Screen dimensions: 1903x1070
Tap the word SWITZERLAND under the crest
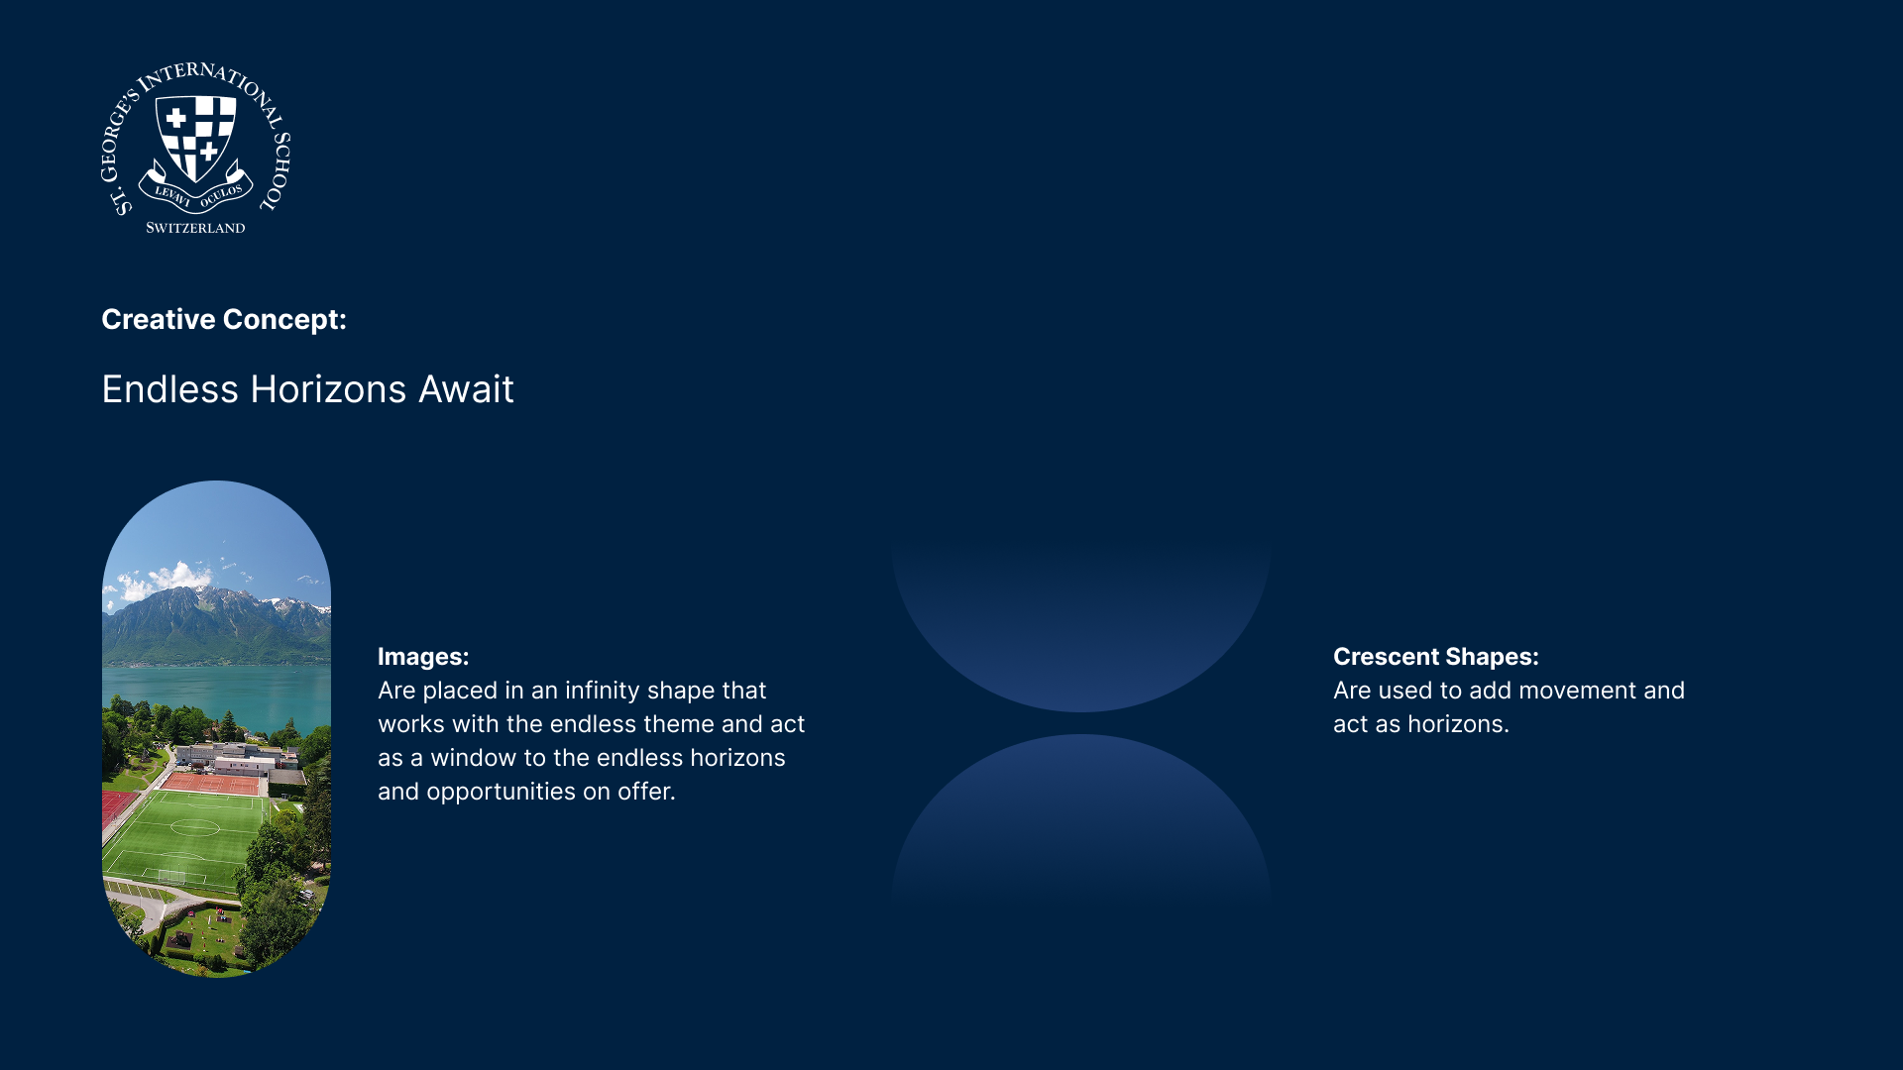point(195,228)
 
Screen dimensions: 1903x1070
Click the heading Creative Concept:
point(224,319)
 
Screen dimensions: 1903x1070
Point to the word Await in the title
point(466,389)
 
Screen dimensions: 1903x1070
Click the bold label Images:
point(423,657)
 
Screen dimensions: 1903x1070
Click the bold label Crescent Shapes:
point(1436,657)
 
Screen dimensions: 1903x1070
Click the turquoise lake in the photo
point(216,694)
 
